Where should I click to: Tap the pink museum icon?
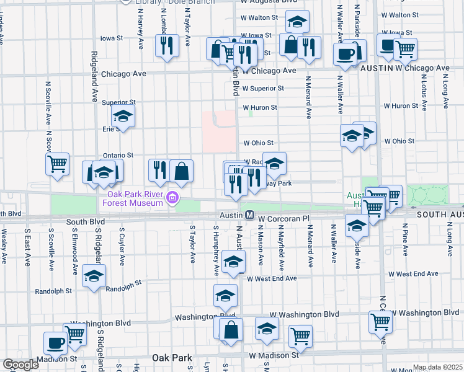tap(172, 199)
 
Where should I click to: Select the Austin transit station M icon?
tap(249, 215)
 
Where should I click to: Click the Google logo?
tap(20, 365)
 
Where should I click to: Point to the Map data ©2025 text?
tap(437, 367)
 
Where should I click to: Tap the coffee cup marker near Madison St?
tap(55, 343)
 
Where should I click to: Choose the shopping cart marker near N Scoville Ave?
tap(58, 164)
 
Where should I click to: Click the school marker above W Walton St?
tap(298, 22)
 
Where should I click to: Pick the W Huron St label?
tap(260, 107)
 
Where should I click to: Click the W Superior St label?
tap(263, 88)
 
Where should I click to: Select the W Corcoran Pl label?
tap(283, 219)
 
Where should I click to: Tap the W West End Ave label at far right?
tap(413, 273)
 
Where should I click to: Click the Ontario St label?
tap(118, 155)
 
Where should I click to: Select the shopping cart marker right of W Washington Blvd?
tap(380, 321)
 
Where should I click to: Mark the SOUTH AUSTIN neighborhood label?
tap(440, 215)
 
